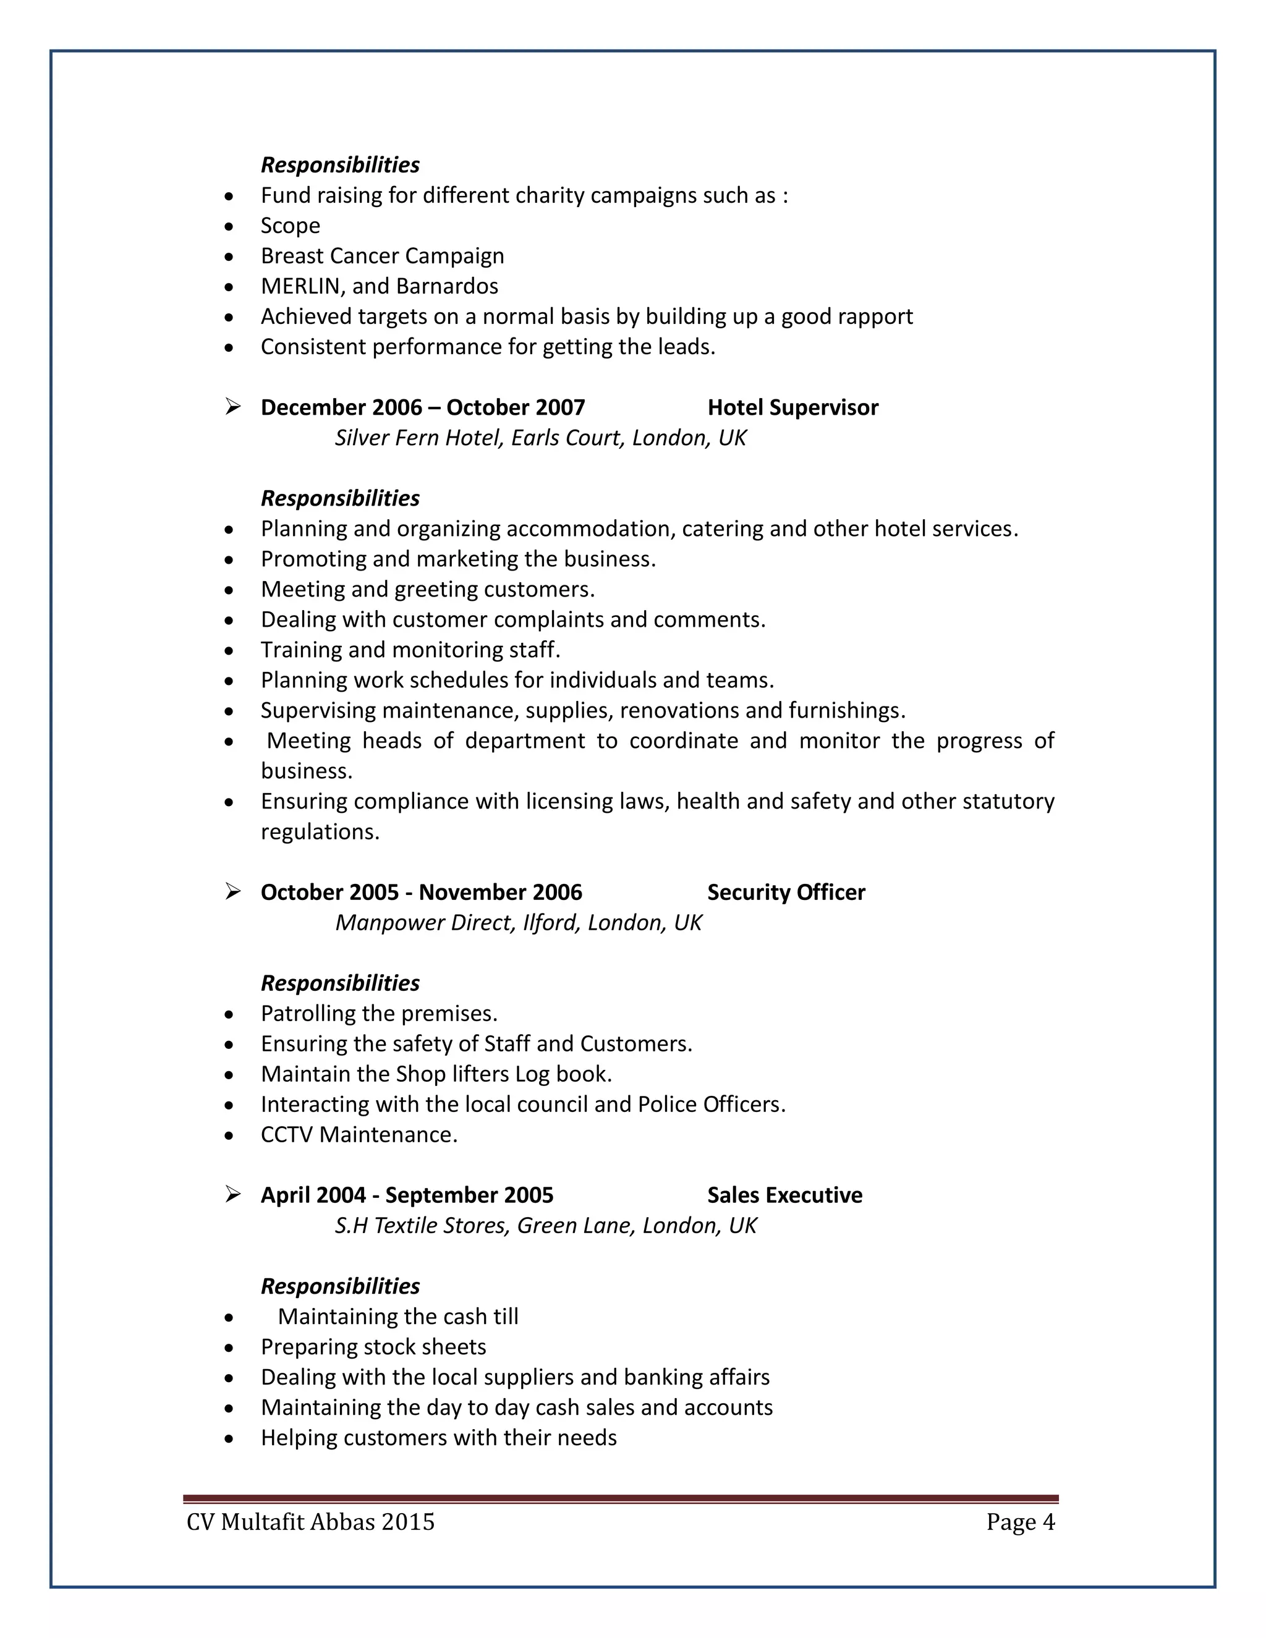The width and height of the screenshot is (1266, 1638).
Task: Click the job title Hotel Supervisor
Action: click(792, 407)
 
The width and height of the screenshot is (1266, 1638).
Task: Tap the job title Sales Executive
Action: click(784, 1195)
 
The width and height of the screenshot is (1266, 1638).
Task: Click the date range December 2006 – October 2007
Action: click(422, 407)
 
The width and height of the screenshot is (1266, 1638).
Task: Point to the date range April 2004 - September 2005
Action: click(407, 1195)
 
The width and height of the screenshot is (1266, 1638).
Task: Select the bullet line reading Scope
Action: click(291, 225)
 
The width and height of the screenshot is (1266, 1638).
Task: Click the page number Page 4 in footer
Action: click(1020, 1522)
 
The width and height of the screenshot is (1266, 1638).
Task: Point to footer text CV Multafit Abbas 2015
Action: click(310, 1522)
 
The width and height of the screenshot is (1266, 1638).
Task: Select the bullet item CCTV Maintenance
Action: click(359, 1134)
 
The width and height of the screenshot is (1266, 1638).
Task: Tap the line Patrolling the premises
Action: click(379, 1013)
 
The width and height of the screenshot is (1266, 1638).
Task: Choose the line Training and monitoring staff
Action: click(410, 650)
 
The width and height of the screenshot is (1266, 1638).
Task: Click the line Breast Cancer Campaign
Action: click(382, 256)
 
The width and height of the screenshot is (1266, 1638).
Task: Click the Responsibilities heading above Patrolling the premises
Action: click(340, 983)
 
